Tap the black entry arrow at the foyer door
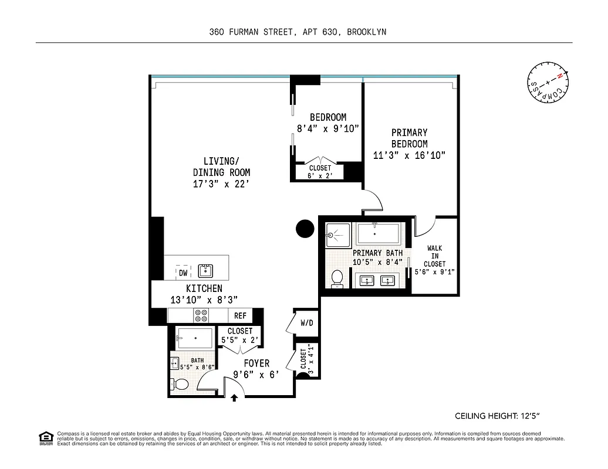coord(234,397)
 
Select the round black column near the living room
coord(305,228)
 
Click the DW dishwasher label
coord(183,273)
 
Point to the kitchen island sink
coord(205,270)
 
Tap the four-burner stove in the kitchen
coord(201,315)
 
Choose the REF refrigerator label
coord(240,315)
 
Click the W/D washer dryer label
coord(306,323)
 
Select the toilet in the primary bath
coord(337,278)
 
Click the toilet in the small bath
coord(181,385)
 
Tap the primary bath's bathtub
coord(379,235)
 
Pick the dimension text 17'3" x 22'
coord(222,184)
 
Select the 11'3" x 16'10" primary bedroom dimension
coord(410,155)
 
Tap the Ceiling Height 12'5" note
coord(497,416)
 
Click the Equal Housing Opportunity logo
coord(45,437)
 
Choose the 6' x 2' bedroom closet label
coord(320,175)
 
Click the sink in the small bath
coord(174,363)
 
